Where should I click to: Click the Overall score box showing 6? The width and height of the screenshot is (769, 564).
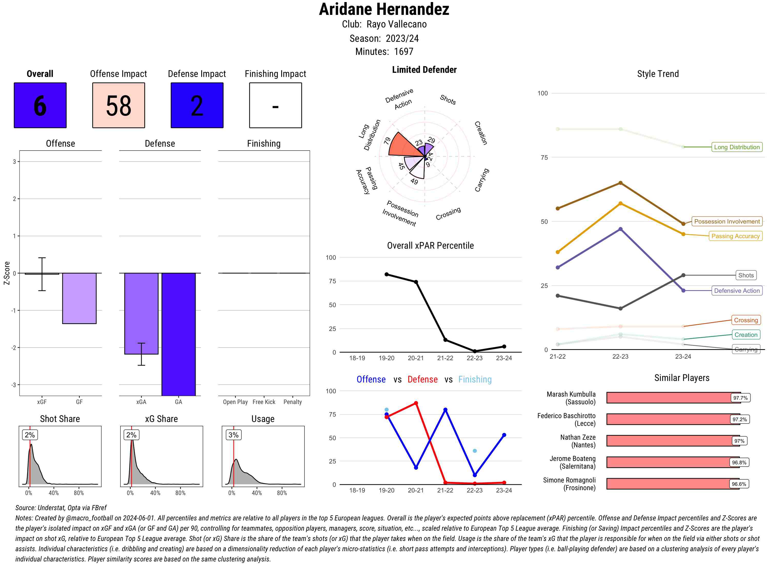[x=40, y=105]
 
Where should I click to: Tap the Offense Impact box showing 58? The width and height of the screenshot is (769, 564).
[x=118, y=105]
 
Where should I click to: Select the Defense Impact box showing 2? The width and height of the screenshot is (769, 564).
[x=197, y=105]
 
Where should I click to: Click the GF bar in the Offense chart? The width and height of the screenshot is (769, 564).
[x=79, y=298]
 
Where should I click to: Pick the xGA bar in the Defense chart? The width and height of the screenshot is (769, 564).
[x=141, y=314]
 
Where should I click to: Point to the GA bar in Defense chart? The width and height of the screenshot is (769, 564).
[x=178, y=334]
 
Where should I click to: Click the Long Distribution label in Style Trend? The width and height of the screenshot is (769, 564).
[x=737, y=147]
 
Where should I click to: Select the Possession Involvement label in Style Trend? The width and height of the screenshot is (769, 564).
[x=727, y=221]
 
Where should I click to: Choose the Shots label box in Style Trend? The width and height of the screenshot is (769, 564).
[x=746, y=275]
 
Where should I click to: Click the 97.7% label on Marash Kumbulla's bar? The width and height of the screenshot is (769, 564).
[x=740, y=398]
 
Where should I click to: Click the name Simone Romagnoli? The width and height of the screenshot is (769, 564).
[x=569, y=480]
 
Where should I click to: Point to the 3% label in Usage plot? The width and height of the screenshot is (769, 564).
[x=234, y=435]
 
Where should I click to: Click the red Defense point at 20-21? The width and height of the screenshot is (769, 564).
[x=416, y=403]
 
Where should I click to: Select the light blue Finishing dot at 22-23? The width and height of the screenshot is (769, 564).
[x=474, y=451]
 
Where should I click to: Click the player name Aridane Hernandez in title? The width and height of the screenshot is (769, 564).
[x=384, y=9]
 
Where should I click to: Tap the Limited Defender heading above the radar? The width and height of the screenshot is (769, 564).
[x=424, y=70]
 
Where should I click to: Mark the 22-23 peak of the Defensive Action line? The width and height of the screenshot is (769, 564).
[x=620, y=229]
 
